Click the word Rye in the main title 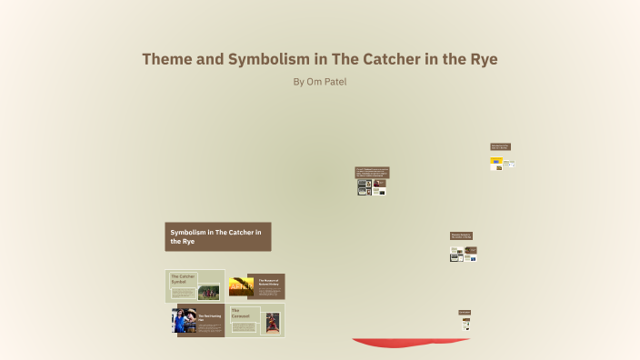coord(480,59)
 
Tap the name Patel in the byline coord(334,82)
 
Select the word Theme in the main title coord(170,59)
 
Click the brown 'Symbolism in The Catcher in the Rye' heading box coord(218,236)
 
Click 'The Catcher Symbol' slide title coord(183,278)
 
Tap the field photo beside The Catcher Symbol coord(208,292)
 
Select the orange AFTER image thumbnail coord(241,286)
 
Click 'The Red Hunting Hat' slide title coord(210,317)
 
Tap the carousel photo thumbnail coord(273,322)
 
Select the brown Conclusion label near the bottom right coord(465,312)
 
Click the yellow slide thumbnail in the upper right coord(496,164)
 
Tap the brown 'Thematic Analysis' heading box coord(461,235)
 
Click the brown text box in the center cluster coord(372,172)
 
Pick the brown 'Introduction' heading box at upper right coord(500,146)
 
